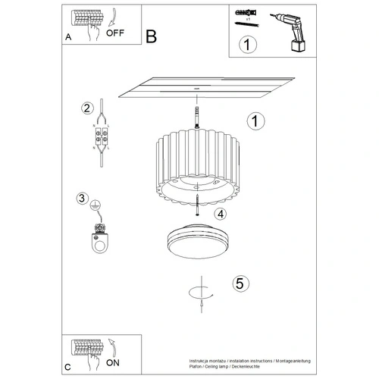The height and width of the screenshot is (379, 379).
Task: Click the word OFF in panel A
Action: tap(115, 33)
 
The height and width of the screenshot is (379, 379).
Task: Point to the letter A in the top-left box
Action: tap(69, 35)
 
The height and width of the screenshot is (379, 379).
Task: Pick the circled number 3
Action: tap(82, 199)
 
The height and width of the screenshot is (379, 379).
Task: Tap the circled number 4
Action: tap(220, 215)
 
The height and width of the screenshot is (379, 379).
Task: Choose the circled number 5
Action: tap(240, 284)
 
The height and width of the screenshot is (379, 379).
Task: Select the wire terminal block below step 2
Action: tap(99, 139)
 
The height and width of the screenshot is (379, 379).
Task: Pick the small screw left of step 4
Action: tap(196, 207)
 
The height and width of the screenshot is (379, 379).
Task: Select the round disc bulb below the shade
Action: tap(195, 243)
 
